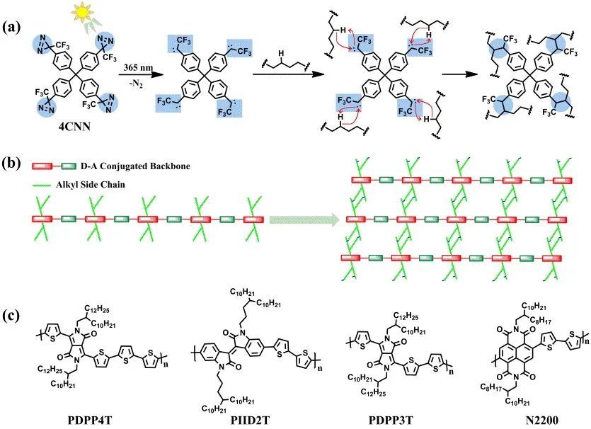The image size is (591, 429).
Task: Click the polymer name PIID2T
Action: (x=236, y=418)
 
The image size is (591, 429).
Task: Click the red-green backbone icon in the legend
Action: (x=54, y=166)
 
